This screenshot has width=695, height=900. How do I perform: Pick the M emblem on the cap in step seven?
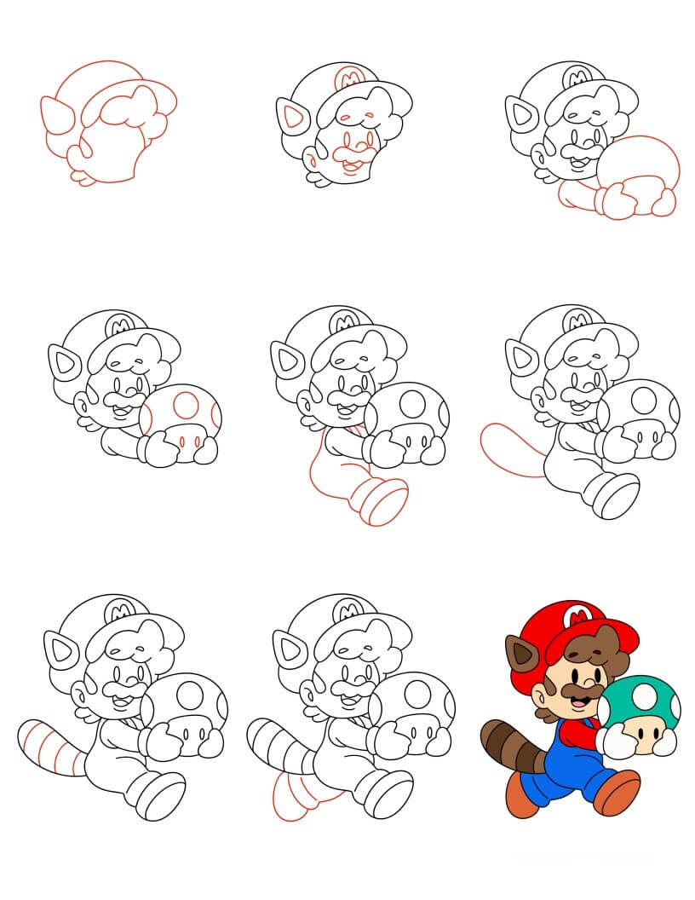[114, 613]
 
